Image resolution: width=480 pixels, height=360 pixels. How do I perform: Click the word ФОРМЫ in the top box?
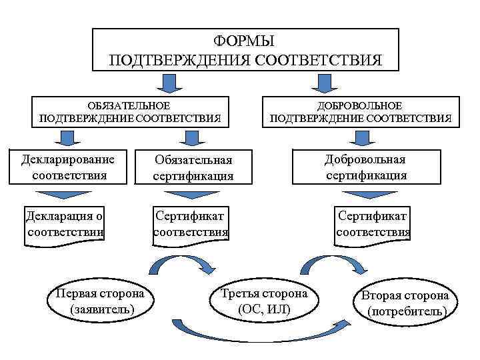point(245,41)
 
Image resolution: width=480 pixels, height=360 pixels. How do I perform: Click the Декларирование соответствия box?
point(69,167)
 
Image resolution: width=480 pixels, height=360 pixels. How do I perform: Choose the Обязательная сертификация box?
point(193,168)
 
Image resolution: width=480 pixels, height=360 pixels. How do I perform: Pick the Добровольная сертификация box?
point(366,167)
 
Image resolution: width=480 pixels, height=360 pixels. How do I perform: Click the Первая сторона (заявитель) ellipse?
point(101,301)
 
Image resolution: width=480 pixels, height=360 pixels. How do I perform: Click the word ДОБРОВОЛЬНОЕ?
point(361,106)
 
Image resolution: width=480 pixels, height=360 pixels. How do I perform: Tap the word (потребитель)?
point(405,311)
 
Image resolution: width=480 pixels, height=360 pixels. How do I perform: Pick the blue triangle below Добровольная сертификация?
point(365,195)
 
